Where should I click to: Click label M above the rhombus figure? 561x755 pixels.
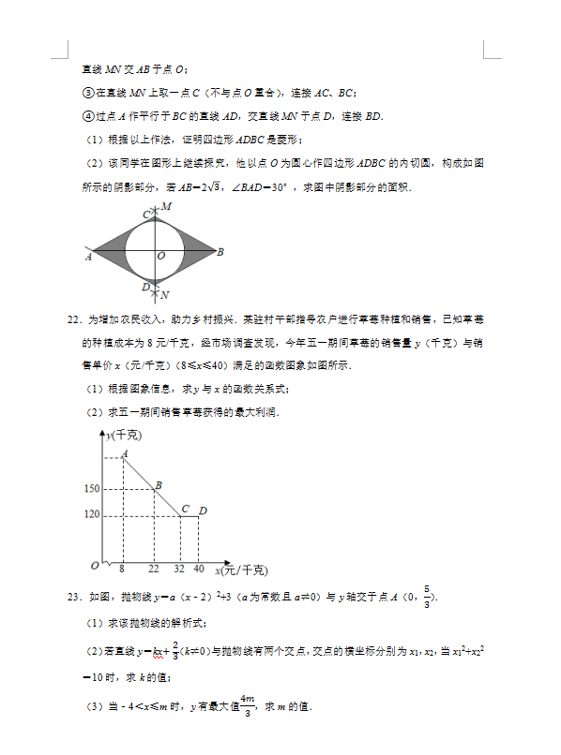[x=166, y=206]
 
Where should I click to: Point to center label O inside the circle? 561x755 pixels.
[x=161, y=255]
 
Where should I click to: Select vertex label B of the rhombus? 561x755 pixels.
[x=220, y=252]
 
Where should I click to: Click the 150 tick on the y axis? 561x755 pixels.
[x=91, y=489]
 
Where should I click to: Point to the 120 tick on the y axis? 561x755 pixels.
[x=91, y=515]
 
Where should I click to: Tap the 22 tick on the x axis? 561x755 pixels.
[x=153, y=569]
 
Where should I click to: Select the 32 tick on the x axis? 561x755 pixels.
[x=179, y=569]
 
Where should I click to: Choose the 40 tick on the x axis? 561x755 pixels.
[x=198, y=569]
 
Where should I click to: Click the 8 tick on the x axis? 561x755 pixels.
[x=123, y=569]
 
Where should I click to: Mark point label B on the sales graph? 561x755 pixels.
[x=159, y=484]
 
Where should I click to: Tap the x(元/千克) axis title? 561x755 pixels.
[x=241, y=570]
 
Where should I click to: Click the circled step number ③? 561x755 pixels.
[x=87, y=93]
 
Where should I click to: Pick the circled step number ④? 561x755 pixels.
[x=87, y=116]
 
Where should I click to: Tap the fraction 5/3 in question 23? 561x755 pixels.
[x=427, y=596]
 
